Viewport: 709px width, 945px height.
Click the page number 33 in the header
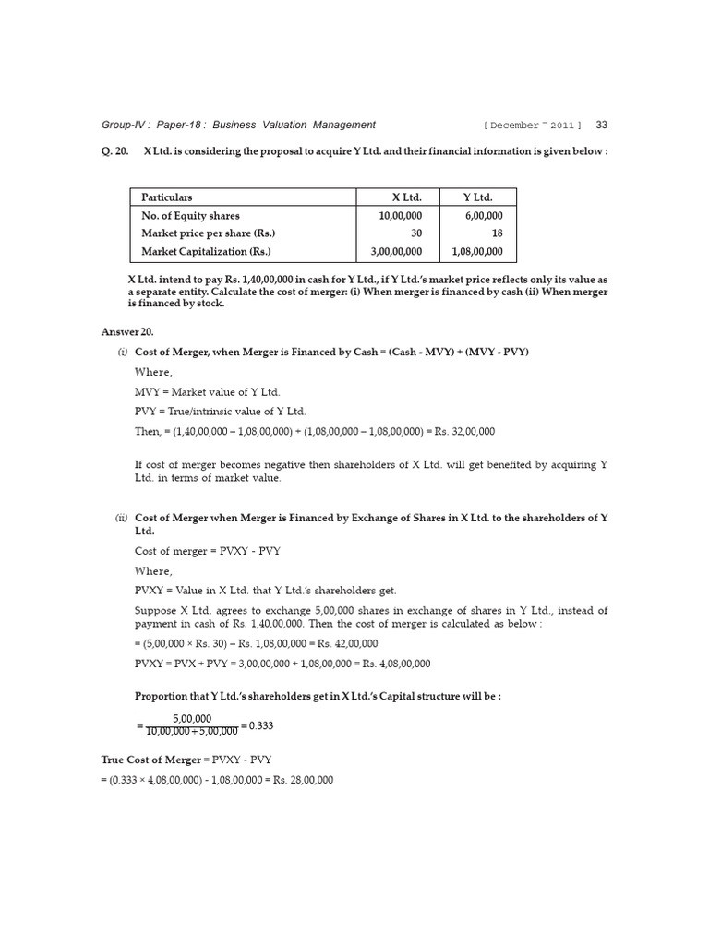point(602,125)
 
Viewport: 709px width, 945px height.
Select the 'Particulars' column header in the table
point(167,197)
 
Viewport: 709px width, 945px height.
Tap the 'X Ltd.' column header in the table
point(405,197)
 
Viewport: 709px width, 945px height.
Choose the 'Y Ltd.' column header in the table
point(477,197)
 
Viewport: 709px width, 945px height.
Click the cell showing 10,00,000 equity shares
point(399,215)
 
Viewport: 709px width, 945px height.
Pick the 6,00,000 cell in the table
point(484,215)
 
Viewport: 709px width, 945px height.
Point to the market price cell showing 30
point(416,233)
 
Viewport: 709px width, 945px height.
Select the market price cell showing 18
point(497,233)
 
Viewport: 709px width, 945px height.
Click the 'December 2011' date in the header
point(532,126)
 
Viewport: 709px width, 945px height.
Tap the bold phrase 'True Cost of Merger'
point(150,760)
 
